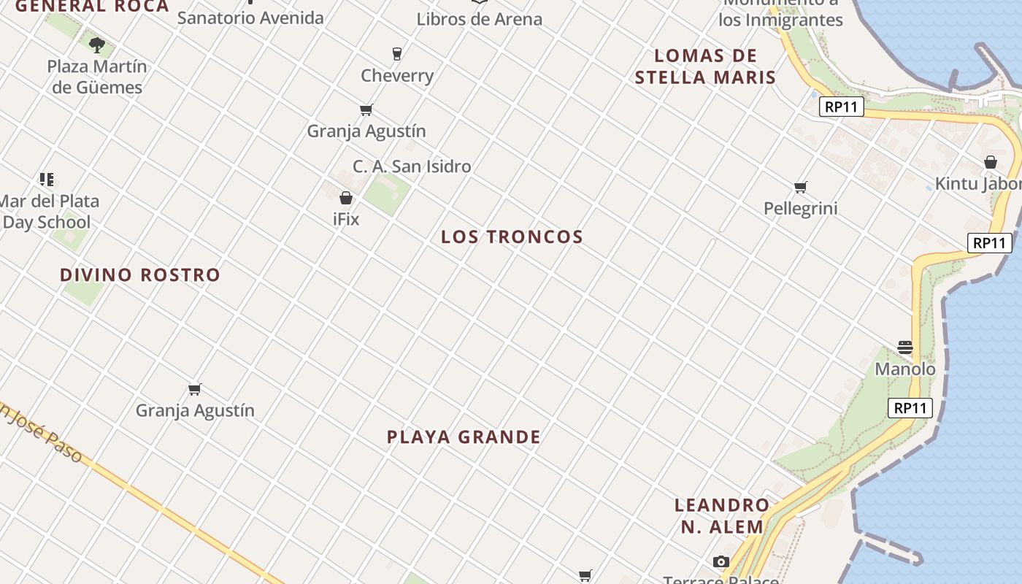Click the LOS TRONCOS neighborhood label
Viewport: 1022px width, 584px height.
pos(512,237)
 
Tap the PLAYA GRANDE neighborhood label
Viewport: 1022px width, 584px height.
pos(464,437)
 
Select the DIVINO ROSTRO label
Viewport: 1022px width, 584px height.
pos(139,275)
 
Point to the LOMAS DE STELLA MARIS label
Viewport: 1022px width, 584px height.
pos(704,66)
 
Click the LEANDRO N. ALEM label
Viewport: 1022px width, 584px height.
pos(722,515)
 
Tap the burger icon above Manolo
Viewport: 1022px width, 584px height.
pos(905,347)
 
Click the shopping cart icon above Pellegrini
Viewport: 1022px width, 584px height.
pos(801,188)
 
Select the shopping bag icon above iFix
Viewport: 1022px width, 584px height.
pos(346,198)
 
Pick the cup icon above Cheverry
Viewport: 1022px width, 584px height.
pos(397,53)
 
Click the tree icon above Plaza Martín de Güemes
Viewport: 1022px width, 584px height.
pos(96,45)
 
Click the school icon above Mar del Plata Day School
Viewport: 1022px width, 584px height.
pos(47,180)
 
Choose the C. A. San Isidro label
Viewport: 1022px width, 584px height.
pos(412,166)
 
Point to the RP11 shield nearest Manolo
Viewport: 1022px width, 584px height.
pos(910,408)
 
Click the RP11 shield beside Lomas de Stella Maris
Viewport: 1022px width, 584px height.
pos(841,107)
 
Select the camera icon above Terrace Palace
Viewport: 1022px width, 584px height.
pos(721,561)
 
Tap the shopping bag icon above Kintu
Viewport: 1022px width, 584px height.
pos(991,162)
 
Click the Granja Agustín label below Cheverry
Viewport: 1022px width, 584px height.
pos(366,131)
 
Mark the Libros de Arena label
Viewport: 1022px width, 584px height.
pos(479,19)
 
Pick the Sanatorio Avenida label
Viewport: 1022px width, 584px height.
pos(250,18)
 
